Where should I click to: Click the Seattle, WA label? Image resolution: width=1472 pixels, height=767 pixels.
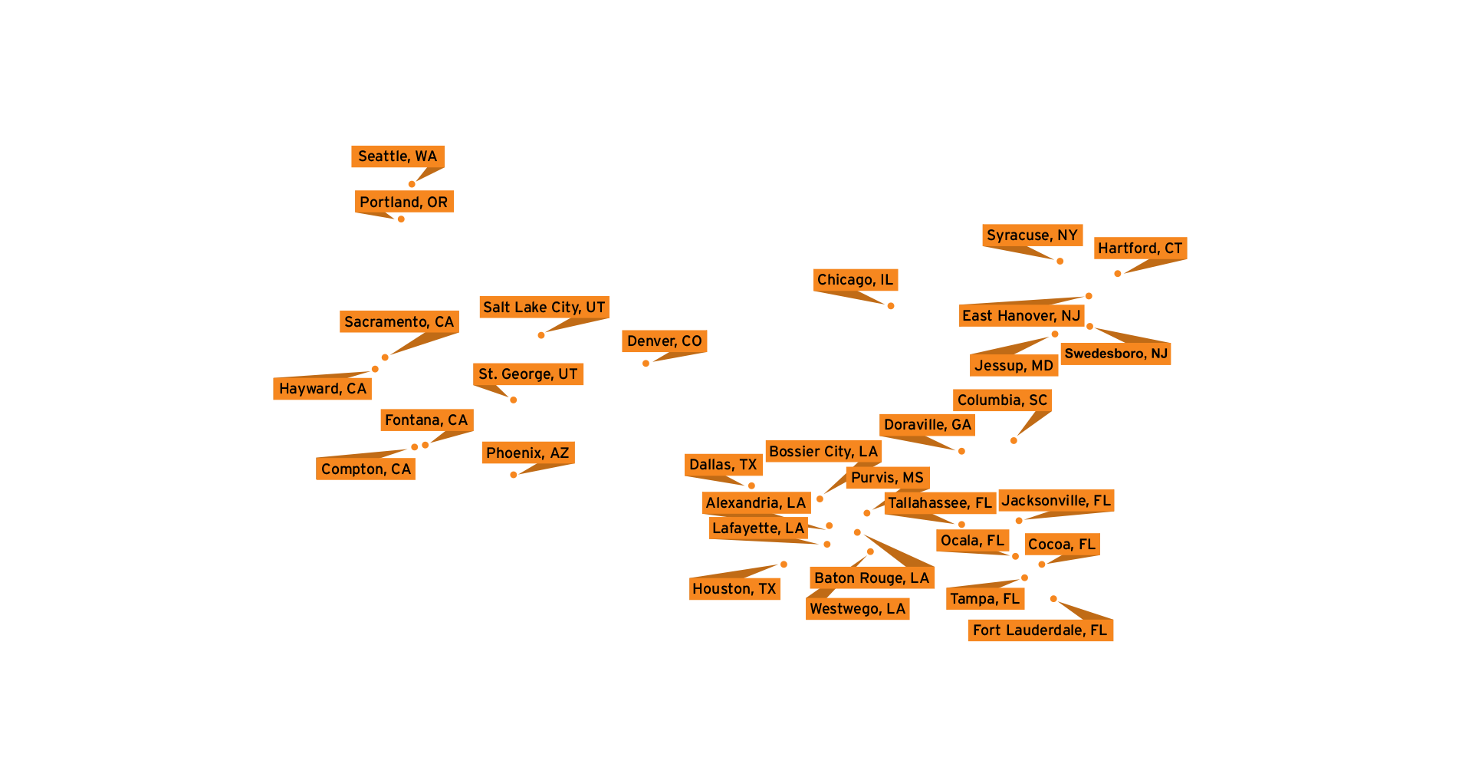click(x=397, y=156)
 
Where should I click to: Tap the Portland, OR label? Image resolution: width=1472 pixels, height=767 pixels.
click(x=404, y=202)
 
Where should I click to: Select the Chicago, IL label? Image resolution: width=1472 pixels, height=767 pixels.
click(x=855, y=280)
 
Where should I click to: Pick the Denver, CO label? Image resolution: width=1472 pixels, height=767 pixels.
click(x=664, y=341)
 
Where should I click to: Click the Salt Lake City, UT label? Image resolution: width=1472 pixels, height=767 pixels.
click(x=544, y=308)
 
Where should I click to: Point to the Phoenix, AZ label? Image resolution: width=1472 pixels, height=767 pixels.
click(x=527, y=453)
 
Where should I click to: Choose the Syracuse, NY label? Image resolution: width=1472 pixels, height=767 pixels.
click(x=1032, y=235)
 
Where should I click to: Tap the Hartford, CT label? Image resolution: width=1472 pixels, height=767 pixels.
click(x=1140, y=249)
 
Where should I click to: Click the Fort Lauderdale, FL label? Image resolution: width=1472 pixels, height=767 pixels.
click(x=1040, y=630)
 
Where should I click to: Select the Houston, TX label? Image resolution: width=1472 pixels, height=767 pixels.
click(x=734, y=589)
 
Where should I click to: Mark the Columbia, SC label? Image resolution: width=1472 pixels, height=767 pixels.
click(x=1002, y=400)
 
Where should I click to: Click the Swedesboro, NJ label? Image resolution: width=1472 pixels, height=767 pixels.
click(x=1115, y=354)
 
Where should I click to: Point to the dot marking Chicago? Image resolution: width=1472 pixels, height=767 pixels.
click(x=891, y=306)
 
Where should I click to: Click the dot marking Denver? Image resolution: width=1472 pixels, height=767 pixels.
click(x=646, y=364)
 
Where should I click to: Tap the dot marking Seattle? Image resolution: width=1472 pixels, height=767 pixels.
click(x=412, y=184)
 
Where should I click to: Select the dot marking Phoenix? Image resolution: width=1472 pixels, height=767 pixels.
click(x=513, y=475)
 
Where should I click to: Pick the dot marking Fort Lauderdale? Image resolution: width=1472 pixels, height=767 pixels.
click(x=1053, y=599)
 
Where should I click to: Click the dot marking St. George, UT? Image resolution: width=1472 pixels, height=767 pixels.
click(x=514, y=400)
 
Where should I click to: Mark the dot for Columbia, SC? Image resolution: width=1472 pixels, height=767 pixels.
click(x=1014, y=441)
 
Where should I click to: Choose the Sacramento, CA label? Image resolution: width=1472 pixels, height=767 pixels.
click(x=399, y=322)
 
